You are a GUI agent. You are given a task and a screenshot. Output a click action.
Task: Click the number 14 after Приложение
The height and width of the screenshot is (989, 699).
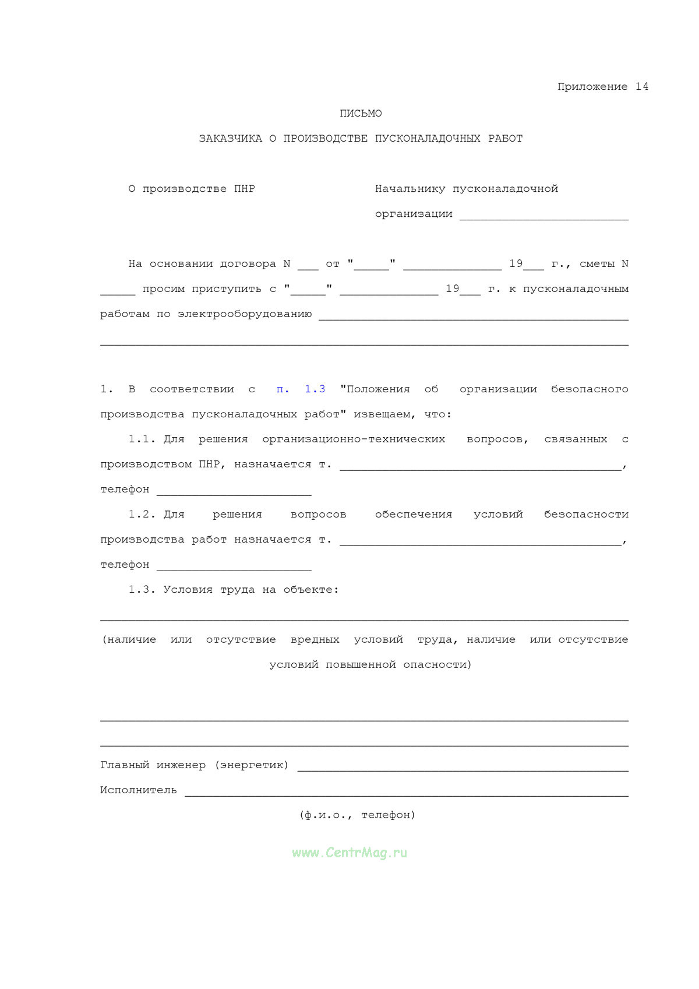coord(641,87)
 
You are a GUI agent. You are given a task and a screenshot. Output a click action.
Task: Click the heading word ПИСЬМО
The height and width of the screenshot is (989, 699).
coord(361,114)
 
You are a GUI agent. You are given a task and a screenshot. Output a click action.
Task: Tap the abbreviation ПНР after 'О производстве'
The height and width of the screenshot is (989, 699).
coord(244,189)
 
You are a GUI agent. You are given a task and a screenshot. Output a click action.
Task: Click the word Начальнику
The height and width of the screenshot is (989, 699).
coord(410,189)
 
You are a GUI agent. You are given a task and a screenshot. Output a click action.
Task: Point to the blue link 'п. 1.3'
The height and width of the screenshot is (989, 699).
coord(301,389)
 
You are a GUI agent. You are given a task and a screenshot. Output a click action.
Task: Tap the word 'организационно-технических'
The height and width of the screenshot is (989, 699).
coord(354,439)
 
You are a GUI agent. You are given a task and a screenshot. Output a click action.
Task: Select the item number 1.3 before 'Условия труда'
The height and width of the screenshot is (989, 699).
coord(142,590)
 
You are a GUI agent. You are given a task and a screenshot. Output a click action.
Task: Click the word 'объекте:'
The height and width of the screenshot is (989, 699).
coord(311,590)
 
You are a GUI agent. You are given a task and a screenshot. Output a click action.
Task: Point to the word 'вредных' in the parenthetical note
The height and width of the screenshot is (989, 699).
coord(315,640)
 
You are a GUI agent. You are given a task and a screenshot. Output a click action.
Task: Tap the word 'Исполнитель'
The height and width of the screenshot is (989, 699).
coord(138,790)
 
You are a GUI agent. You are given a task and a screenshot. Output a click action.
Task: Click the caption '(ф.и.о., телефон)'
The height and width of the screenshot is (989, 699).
coord(357,815)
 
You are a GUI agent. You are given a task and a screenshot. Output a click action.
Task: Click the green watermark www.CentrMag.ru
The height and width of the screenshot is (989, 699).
coord(349,853)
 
